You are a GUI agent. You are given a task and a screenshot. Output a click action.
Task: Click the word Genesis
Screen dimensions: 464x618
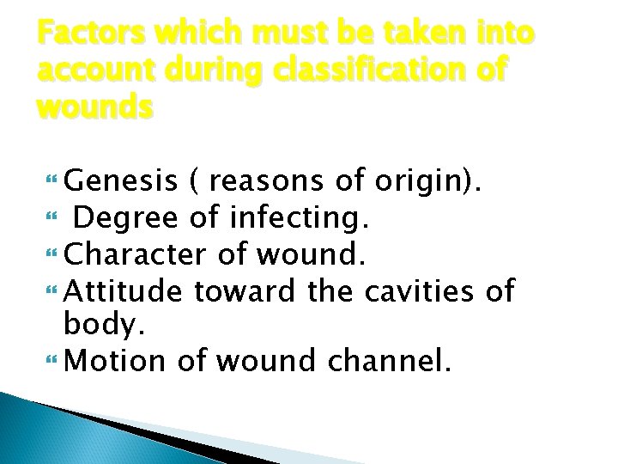[x=121, y=182]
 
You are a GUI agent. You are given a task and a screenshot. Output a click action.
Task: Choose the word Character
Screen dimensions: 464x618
[x=135, y=254]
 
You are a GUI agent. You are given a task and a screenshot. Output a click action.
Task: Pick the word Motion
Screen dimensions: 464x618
[x=117, y=360]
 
